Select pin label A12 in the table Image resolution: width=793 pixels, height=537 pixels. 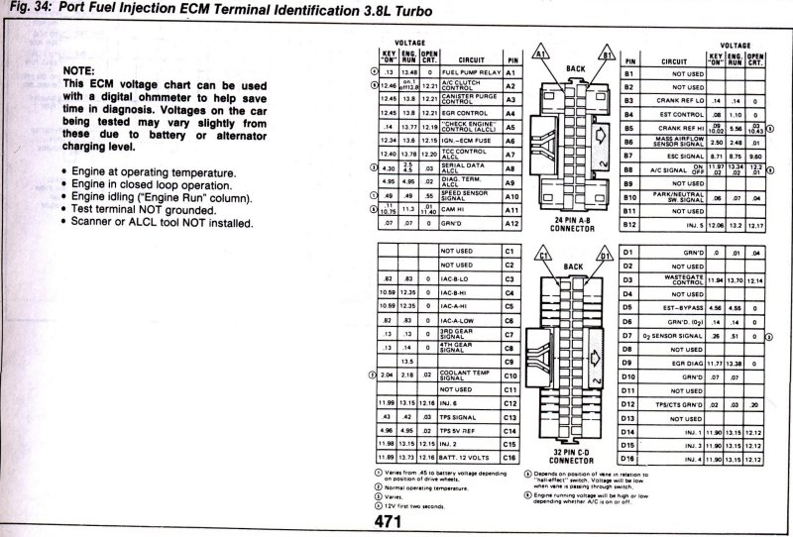click(x=511, y=224)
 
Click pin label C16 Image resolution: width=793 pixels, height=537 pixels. click(x=511, y=459)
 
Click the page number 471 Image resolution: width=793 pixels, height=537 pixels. click(x=402, y=519)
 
